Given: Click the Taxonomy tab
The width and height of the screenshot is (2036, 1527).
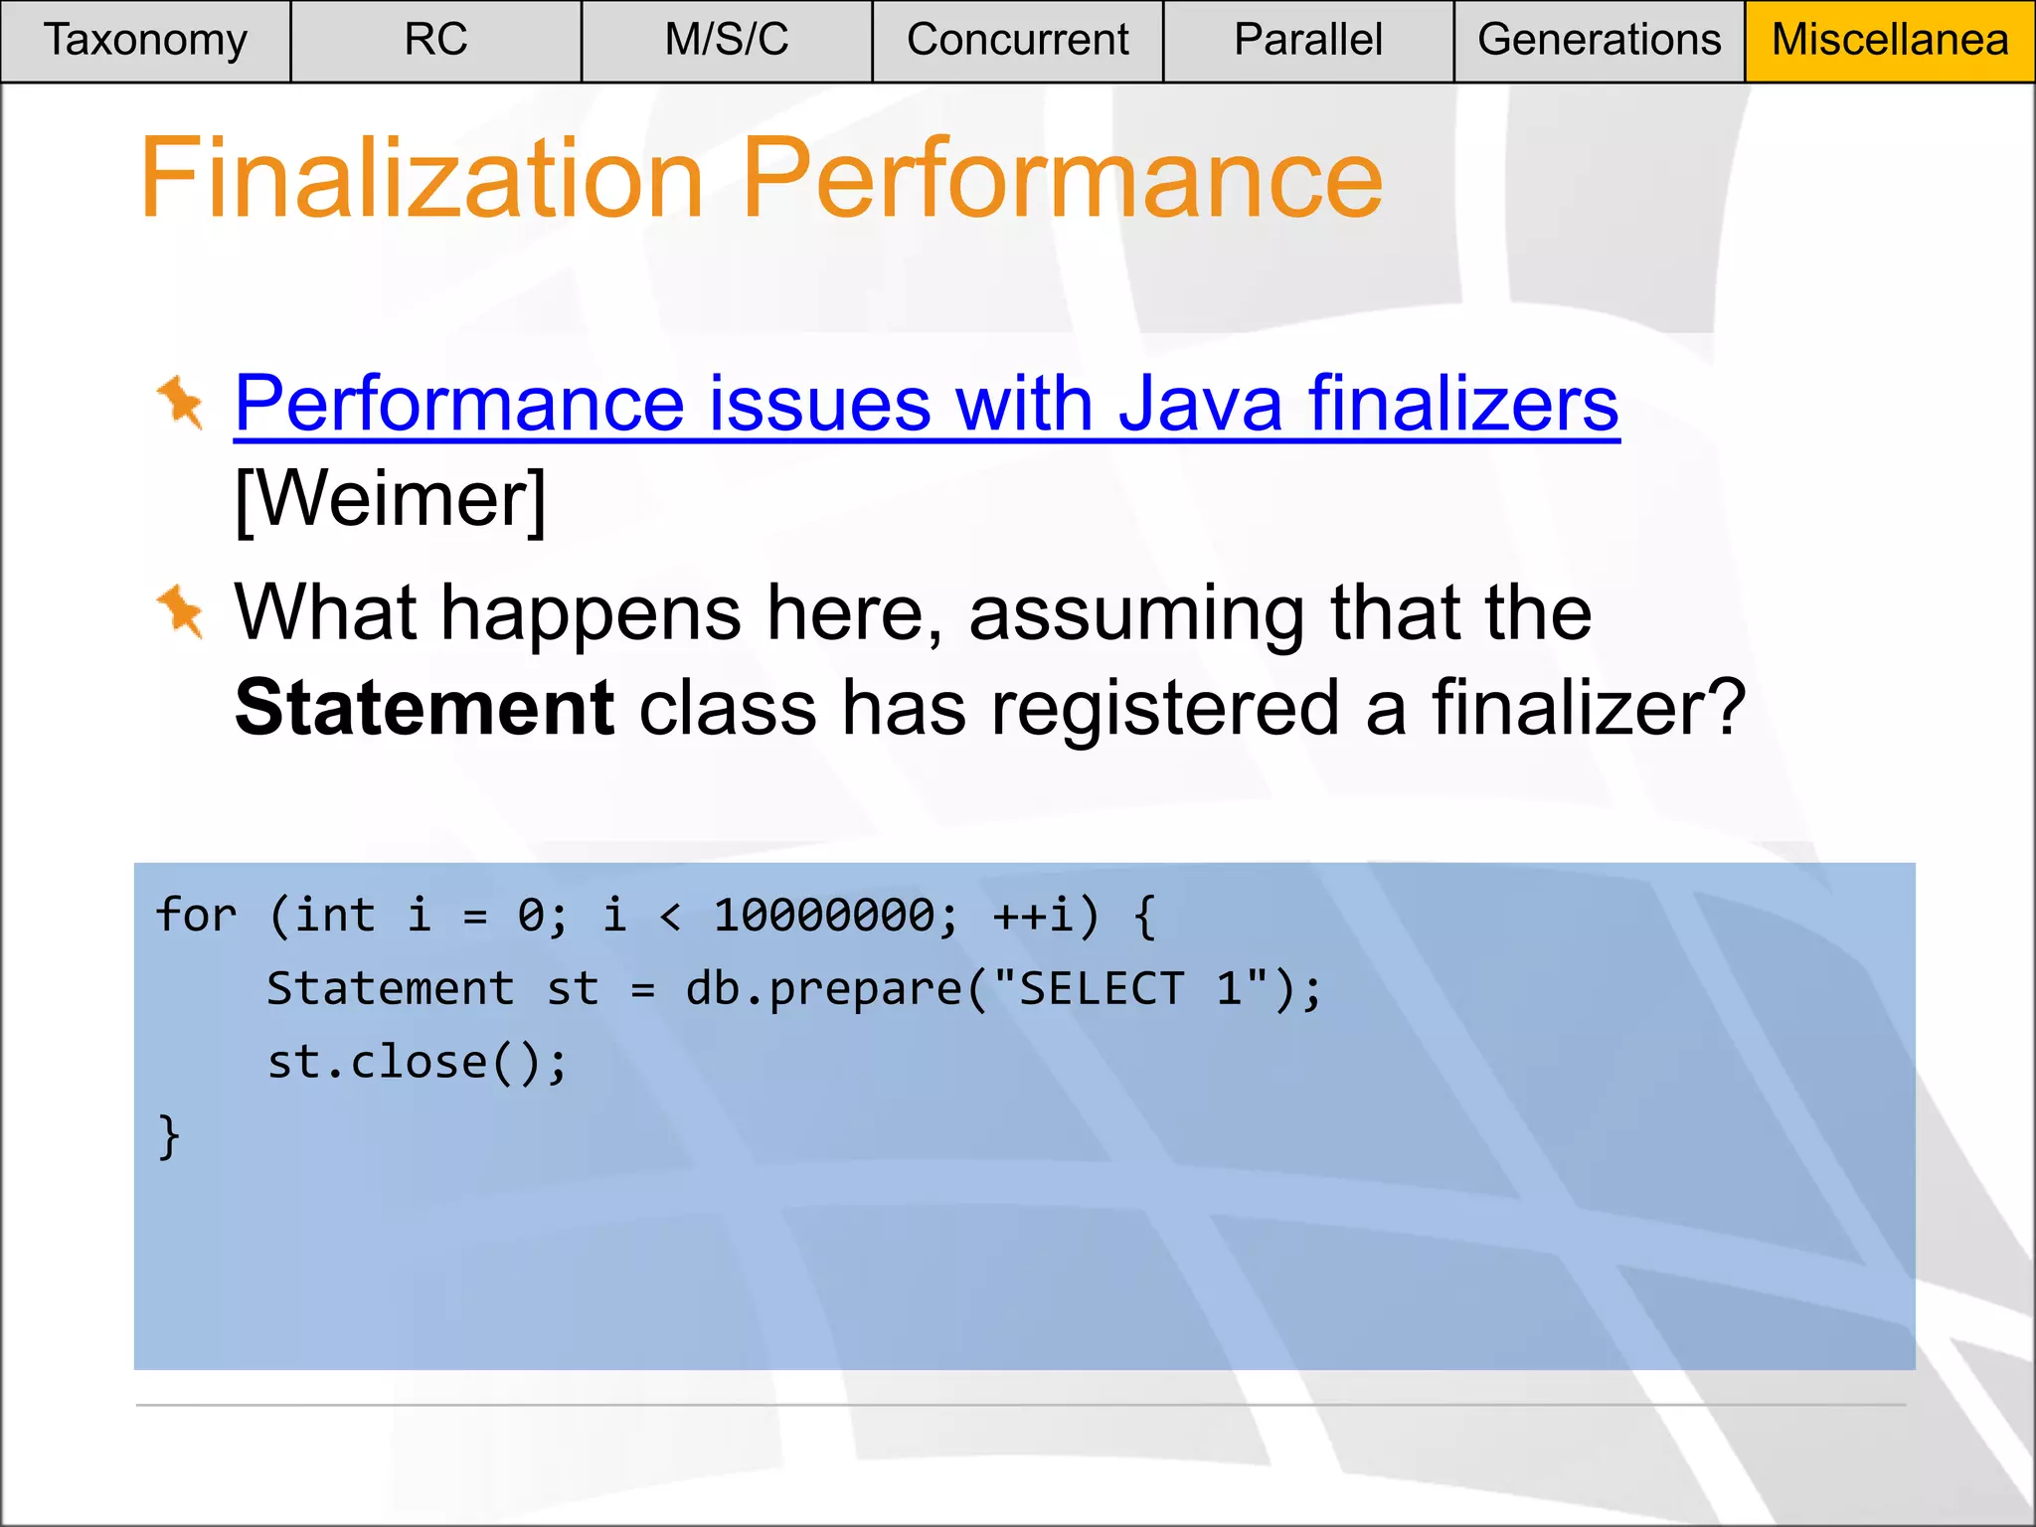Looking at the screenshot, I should tap(145, 41).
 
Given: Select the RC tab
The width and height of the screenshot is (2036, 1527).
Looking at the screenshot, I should tap(435, 41).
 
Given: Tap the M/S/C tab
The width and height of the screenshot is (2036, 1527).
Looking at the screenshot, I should tap(727, 41).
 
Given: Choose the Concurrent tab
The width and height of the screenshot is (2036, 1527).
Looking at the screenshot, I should tap(1017, 41).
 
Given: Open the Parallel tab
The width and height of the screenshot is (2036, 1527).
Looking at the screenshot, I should tap(1308, 41).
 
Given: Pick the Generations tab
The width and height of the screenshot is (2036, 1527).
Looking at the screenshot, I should tap(1599, 41).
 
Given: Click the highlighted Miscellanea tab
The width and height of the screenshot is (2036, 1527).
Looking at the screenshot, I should tap(1890, 41).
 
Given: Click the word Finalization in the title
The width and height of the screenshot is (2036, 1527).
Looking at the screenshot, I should tap(422, 179).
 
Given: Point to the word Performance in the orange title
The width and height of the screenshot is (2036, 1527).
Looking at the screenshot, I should tap(1062, 179).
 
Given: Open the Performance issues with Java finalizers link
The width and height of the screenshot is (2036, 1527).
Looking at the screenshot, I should tap(927, 404).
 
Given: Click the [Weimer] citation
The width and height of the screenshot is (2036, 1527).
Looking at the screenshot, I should tap(391, 499).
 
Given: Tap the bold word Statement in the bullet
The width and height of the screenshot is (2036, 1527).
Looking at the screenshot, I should tap(424, 708).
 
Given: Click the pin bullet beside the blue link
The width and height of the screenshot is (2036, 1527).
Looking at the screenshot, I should tap(181, 403).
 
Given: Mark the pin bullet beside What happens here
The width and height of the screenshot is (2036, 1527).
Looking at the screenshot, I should tap(181, 611).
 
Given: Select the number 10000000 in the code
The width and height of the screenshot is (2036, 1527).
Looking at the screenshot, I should tap(824, 915).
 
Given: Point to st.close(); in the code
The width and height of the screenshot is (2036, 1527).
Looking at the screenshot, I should tap(418, 1063).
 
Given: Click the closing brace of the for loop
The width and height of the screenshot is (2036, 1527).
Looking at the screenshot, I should tap(169, 1136).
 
